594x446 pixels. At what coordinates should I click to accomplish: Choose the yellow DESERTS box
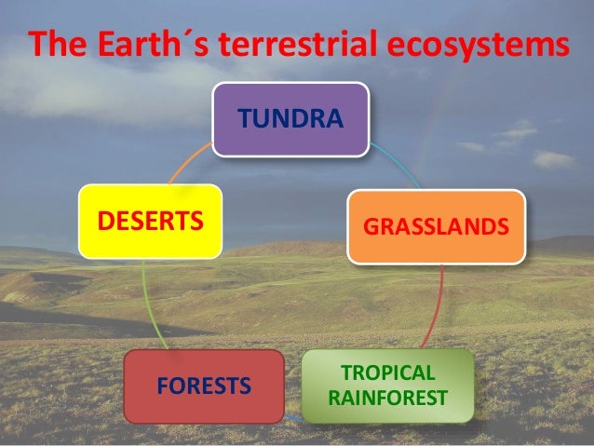151,221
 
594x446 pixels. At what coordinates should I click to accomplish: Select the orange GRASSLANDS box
436,226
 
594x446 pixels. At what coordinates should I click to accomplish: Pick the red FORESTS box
203,385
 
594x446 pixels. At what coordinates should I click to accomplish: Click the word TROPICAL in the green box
387,373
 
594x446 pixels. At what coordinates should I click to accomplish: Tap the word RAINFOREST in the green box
387,399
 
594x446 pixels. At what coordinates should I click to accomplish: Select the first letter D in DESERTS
105,222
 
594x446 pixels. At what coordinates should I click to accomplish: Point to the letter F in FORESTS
162,385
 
